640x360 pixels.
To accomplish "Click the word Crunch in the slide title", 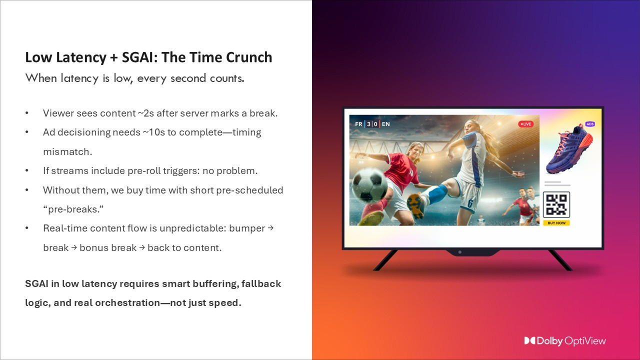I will [247, 57].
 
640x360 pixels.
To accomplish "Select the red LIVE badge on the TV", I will [525, 124].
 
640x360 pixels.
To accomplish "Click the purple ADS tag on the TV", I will [590, 124].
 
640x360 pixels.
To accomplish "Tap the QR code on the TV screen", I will [556, 204].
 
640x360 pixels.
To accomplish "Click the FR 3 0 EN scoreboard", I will [372, 124].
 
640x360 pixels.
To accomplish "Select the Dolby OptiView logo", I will [565, 341].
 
